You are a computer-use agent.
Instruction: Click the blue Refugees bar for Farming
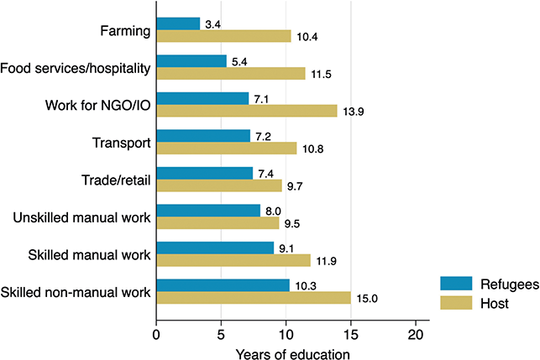coord(178,23)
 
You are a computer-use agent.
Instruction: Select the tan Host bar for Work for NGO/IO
coord(247,111)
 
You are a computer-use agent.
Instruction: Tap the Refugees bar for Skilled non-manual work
coord(223,285)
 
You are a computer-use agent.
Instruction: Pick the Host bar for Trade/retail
coord(219,185)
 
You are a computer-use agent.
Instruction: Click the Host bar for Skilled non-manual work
coord(254,298)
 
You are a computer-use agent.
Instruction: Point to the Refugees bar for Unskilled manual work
coord(208,211)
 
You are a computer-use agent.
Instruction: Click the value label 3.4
coord(212,24)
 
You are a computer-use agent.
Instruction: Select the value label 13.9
coord(353,112)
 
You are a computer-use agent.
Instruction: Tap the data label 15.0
coord(367,299)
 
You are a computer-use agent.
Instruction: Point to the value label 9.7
coord(295,186)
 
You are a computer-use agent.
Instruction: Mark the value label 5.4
coord(239,62)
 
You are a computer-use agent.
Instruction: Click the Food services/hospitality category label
coord(76,68)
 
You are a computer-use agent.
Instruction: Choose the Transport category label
coord(121,143)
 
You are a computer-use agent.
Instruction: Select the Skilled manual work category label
coord(89,255)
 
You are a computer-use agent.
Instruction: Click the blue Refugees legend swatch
coord(456,284)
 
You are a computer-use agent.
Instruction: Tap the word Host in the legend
coord(495,304)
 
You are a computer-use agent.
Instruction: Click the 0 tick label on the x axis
coord(156,335)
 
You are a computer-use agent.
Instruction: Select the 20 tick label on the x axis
coord(416,335)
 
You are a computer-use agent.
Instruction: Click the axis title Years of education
coord(293,354)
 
